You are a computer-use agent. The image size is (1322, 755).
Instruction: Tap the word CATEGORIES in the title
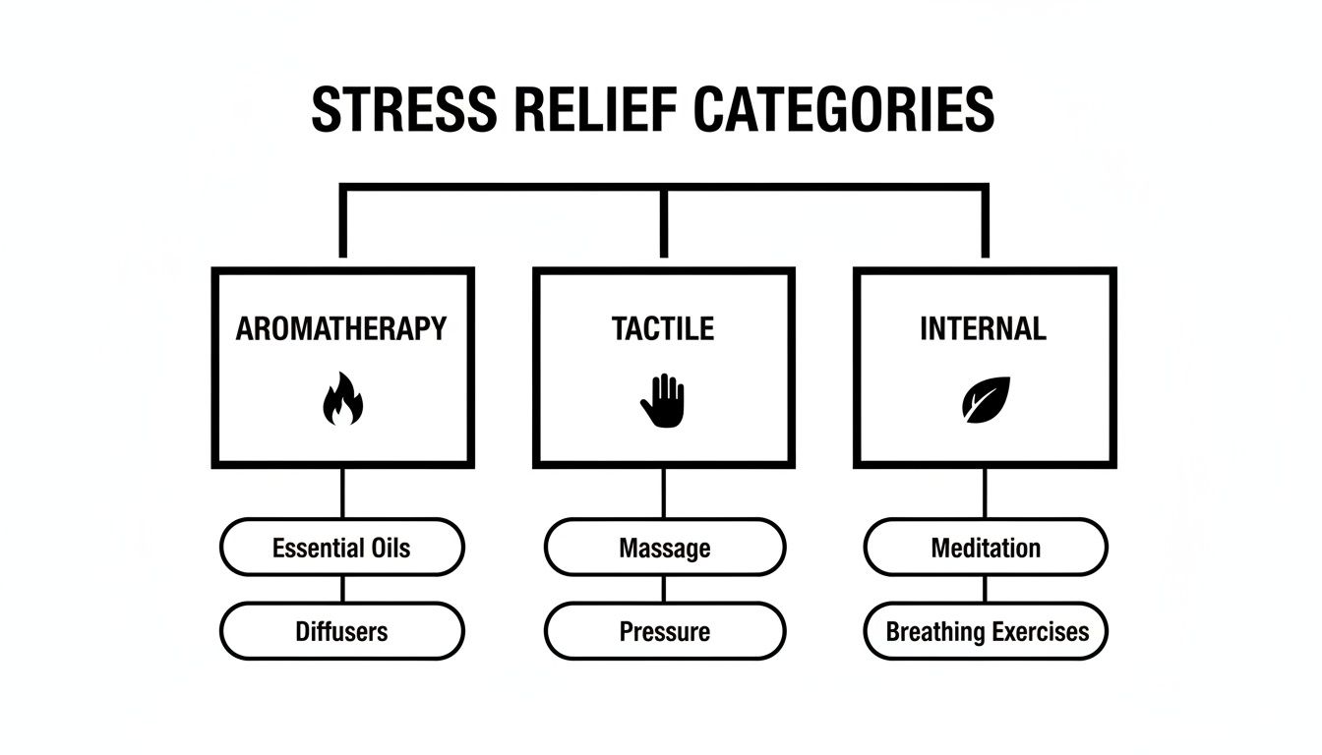(x=844, y=109)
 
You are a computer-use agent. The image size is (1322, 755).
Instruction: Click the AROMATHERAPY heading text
(x=341, y=328)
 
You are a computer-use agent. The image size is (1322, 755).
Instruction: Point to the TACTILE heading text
(x=663, y=328)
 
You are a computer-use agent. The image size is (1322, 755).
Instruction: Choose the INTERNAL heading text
(x=983, y=328)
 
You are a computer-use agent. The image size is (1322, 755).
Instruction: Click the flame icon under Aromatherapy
(x=342, y=398)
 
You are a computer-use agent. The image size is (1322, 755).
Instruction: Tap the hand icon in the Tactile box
(x=663, y=400)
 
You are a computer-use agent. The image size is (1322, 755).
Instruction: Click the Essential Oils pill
(x=341, y=548)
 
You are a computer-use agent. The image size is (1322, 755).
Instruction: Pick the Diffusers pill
(x=341, y=631)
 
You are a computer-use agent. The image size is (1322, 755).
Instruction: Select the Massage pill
(x=665, y=548)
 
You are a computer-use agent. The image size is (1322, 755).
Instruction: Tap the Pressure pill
(x=665, y=631)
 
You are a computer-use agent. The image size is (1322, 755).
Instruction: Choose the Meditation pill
(x=986, y=548)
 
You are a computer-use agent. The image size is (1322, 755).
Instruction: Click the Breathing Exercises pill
(x=986, y=631)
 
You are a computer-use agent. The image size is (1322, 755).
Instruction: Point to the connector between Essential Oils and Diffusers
(x=342, y=589)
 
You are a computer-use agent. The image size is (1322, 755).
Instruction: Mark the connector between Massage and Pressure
(x=664, y=589)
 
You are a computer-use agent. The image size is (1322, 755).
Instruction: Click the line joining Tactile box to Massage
(x=664, y=493)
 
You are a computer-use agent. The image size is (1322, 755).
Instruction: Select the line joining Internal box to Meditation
(x=986, y=493)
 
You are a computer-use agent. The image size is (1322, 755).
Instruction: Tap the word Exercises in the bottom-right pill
(x=1039, y=631)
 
